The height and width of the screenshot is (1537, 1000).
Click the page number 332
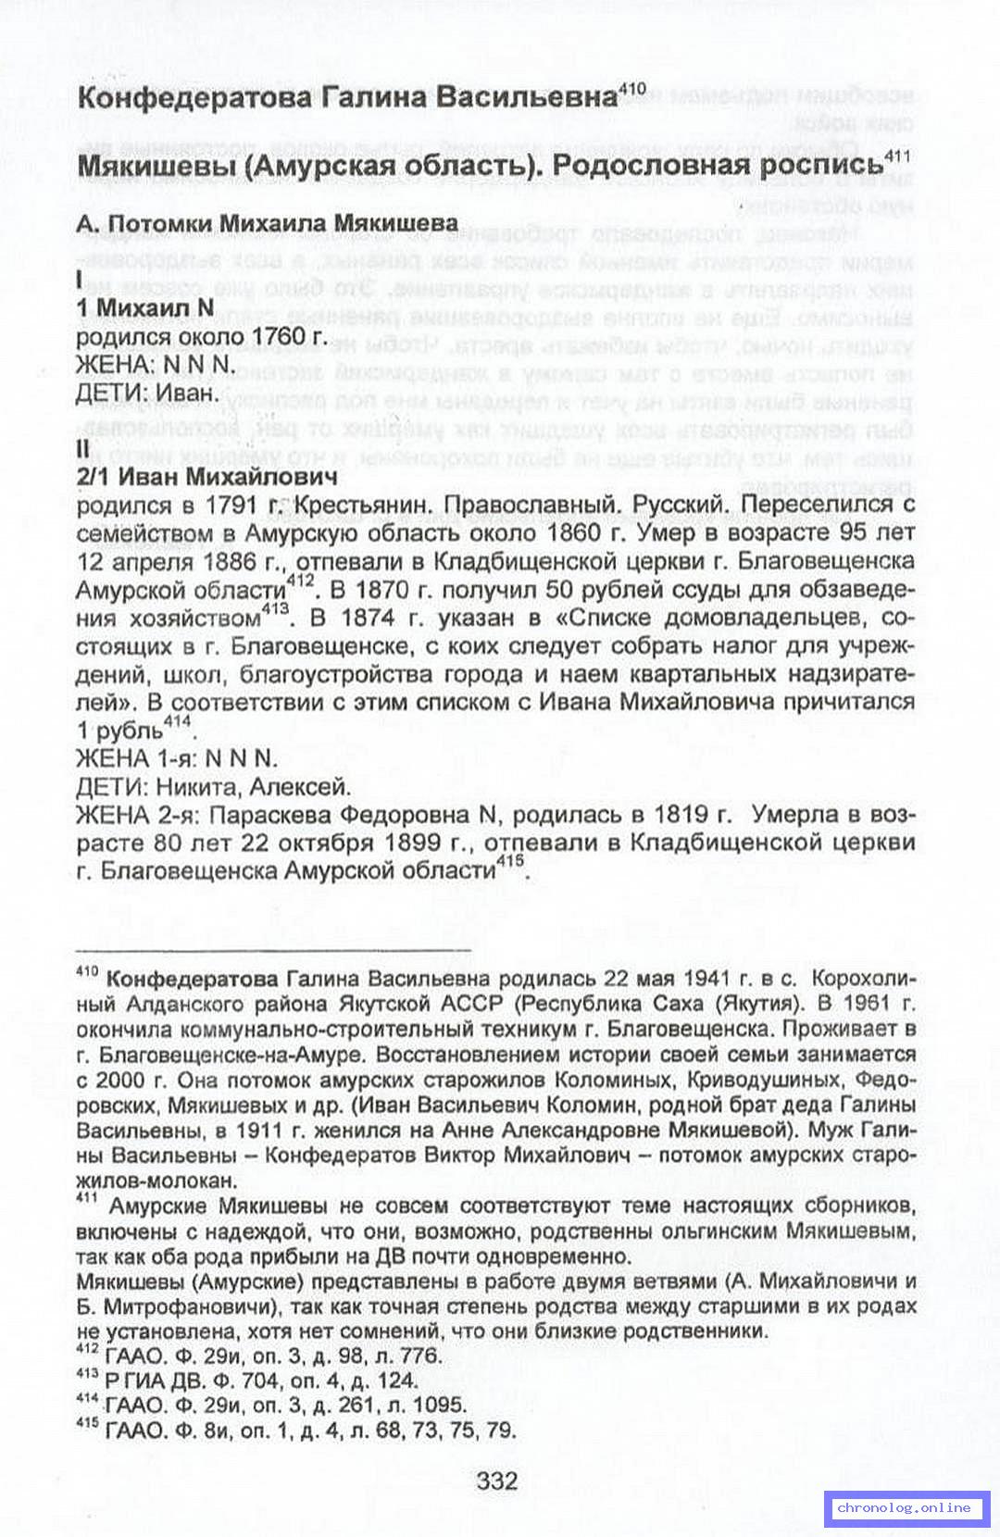[497, 1481]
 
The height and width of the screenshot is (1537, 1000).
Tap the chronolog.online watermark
[904, 1507]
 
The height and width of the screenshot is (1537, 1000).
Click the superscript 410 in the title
[631, 89]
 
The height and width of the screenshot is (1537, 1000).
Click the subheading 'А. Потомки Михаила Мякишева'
[267, 223]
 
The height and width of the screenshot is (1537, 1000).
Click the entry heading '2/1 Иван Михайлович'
[206, 477]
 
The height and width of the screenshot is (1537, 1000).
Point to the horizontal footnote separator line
[273, 949]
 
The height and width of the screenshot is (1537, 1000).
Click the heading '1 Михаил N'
[144, 307]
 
